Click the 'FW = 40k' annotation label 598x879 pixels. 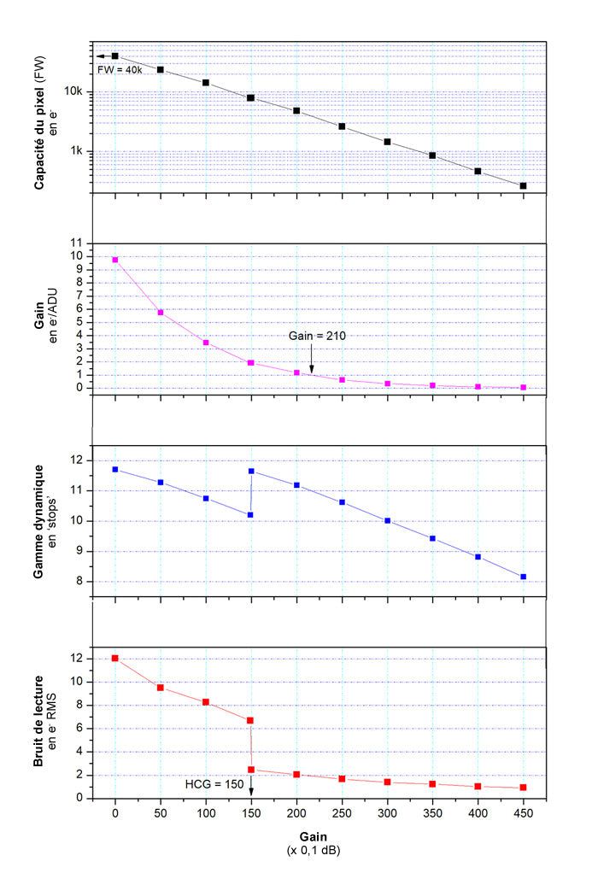[x=120, y=69]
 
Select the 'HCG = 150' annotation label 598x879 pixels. [x=214, y=782]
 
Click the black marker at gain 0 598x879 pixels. [x=114, y=56]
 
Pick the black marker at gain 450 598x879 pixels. [x=523, y=185]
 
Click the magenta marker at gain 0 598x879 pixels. [x=114, y=260]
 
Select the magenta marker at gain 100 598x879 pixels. [x=205, y=343]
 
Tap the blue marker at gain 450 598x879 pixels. [x=523, y=577]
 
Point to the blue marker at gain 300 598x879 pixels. [x=387, y=520]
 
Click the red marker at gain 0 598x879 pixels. [x=114, y=659]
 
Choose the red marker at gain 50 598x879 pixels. [x=160, y=688]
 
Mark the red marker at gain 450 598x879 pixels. [x=523, y=788]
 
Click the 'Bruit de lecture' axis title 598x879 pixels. [x=39, y=723]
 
